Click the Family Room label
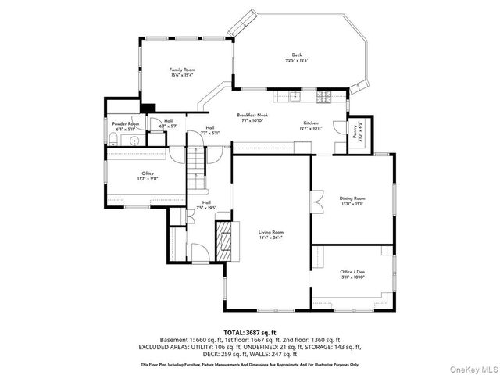(183, 70)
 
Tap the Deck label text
(296, 55)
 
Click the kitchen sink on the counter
(294, 97)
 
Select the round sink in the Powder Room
(134, 141)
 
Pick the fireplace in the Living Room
(225, 241)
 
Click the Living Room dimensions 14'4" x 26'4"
(271, 237)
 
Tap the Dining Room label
(352, 198)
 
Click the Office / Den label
(352, 273)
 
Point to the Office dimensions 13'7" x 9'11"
(148, 177)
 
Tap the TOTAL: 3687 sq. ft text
(249, 334)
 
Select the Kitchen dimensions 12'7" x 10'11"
(311, 128)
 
